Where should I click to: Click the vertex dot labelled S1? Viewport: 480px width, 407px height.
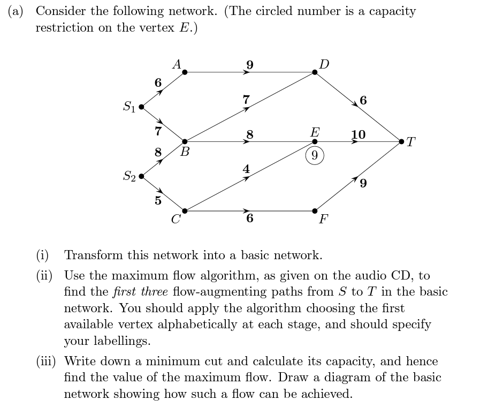(x=141, y=107)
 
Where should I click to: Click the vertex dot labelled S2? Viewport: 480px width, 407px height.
(x=141, y=176)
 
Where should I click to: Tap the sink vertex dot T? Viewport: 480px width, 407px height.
(x=402, y=141)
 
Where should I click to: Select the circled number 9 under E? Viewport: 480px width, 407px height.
(x=315, y=156)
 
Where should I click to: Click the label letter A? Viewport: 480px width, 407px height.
(x=177, y=64)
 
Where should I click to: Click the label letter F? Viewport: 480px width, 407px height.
(x=323, y=220)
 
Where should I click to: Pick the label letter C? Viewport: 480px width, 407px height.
(x=175, y=219)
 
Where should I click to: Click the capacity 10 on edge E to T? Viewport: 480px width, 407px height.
(x=358, y=134)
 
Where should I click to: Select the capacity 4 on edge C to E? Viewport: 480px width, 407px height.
(x=246, y=169)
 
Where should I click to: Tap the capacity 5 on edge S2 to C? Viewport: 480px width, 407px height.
(x=157, y=201)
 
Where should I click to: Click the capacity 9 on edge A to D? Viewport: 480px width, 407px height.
(x=249, y=65)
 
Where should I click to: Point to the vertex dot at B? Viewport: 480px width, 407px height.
(x=184, y=141)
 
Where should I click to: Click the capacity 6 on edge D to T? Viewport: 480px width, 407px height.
(x=364, y=100)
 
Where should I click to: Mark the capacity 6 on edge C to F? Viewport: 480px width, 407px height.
(x=250, y=218)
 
